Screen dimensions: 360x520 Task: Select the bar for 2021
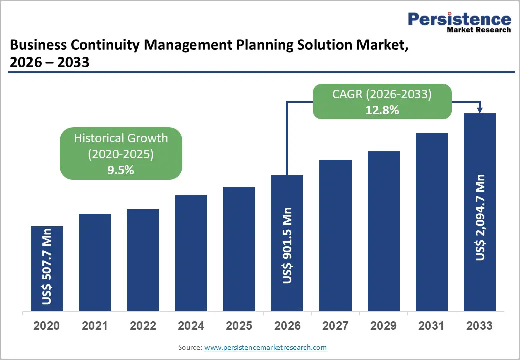pyautogui.click(x=95, y=262)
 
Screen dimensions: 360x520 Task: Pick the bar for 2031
pyautogui.click(x=432, y=222)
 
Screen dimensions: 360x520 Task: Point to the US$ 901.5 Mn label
pyautogui.click(x=287, y=245)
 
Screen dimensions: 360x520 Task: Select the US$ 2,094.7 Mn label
pyautogui.click(x=480, y=217)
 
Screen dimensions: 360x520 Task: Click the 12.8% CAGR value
pyautogui.click(x=382, y=110)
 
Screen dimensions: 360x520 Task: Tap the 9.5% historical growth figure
pyautogui.click(x=121, y=170)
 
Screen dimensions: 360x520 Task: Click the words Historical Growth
pyautogui.click(x=121, y=138)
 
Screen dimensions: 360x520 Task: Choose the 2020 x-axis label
pyautogui.click(x=46, y=326)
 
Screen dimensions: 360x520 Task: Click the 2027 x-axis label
pyautogui.click(x=335, y=326)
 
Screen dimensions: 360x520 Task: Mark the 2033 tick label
pyautogui.click(x=480, y=326)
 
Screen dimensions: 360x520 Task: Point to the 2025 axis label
pyautogui.click(x=239, y=326)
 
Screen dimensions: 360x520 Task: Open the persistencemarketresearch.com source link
pyautogui.click(x=266, y=347)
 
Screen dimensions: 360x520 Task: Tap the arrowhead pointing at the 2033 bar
pyautogui.click(x=480, y=110)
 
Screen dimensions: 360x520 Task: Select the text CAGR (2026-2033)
pyautogui.click(x=382, y=94)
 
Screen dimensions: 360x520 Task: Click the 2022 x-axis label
pyautogui.click(x=143, y=326)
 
